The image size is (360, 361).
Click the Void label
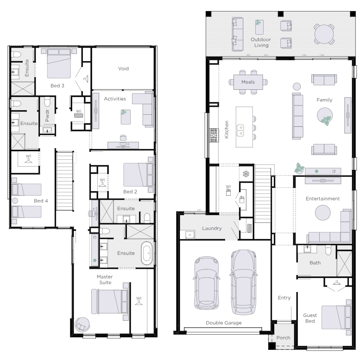tap(123, 68)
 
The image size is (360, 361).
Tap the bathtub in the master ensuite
tap(147, 253)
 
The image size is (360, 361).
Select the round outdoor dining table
tap(324, 34)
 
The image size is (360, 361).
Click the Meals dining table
tap(248, 82)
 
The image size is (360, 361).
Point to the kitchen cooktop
tap(214, 135)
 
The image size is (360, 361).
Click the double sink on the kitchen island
tap(240, 131)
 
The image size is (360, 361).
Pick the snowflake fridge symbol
tap(246, 174)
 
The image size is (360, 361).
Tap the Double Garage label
tap(224, 323)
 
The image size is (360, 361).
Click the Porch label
tap(283, 338)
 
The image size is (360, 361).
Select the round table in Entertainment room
tap(322, 213)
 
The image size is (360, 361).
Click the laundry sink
tap(190, 235)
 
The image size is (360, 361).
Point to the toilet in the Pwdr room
tap(47, 101)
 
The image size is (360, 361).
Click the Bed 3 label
tap(57, 86)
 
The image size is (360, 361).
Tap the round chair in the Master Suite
tap(82, 324)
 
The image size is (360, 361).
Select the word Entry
tap(284, 298)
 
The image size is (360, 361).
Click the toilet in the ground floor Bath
tap(328, 250)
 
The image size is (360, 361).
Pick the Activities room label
tap(115, 99)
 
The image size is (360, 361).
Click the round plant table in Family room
tap(324, 116)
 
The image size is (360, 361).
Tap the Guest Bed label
tap(310, 318)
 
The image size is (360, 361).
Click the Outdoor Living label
tap(261, 43)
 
